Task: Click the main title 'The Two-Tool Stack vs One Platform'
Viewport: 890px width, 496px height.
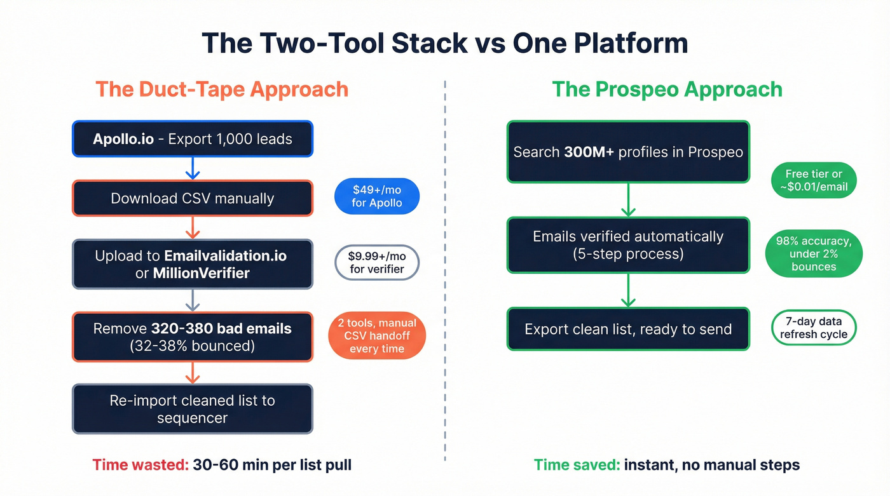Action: point(444,43)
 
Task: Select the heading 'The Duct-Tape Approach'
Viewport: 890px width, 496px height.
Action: point(222,89)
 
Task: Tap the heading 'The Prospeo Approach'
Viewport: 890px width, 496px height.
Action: point(667,89)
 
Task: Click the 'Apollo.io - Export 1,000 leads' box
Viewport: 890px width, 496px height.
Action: point(193,139)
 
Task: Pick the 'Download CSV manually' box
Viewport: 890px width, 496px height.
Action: point(193,199)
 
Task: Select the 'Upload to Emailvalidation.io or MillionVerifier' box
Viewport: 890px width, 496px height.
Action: point(193,264)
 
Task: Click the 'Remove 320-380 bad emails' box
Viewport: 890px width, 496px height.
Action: point(193,337)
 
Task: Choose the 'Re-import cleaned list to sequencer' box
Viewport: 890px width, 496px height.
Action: point(193,409)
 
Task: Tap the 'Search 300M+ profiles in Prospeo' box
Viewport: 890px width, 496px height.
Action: point(628,152)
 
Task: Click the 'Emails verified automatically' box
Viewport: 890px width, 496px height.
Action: point(628,245)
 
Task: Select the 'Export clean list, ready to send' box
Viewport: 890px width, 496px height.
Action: point(628,329)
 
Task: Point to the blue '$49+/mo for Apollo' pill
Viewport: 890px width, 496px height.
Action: point(377,196)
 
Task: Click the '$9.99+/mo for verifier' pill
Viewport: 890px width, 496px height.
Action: point(377,262)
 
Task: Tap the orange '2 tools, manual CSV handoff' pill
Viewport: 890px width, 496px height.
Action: point(377,336)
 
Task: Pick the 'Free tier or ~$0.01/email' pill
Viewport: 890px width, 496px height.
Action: point(814,180)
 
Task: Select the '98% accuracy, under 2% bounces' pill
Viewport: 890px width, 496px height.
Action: point(814,253)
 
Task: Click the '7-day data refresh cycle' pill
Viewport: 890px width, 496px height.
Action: point(814,328)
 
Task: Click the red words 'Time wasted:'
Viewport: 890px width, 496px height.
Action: point(140,465)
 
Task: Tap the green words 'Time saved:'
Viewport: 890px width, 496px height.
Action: point(577,465)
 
